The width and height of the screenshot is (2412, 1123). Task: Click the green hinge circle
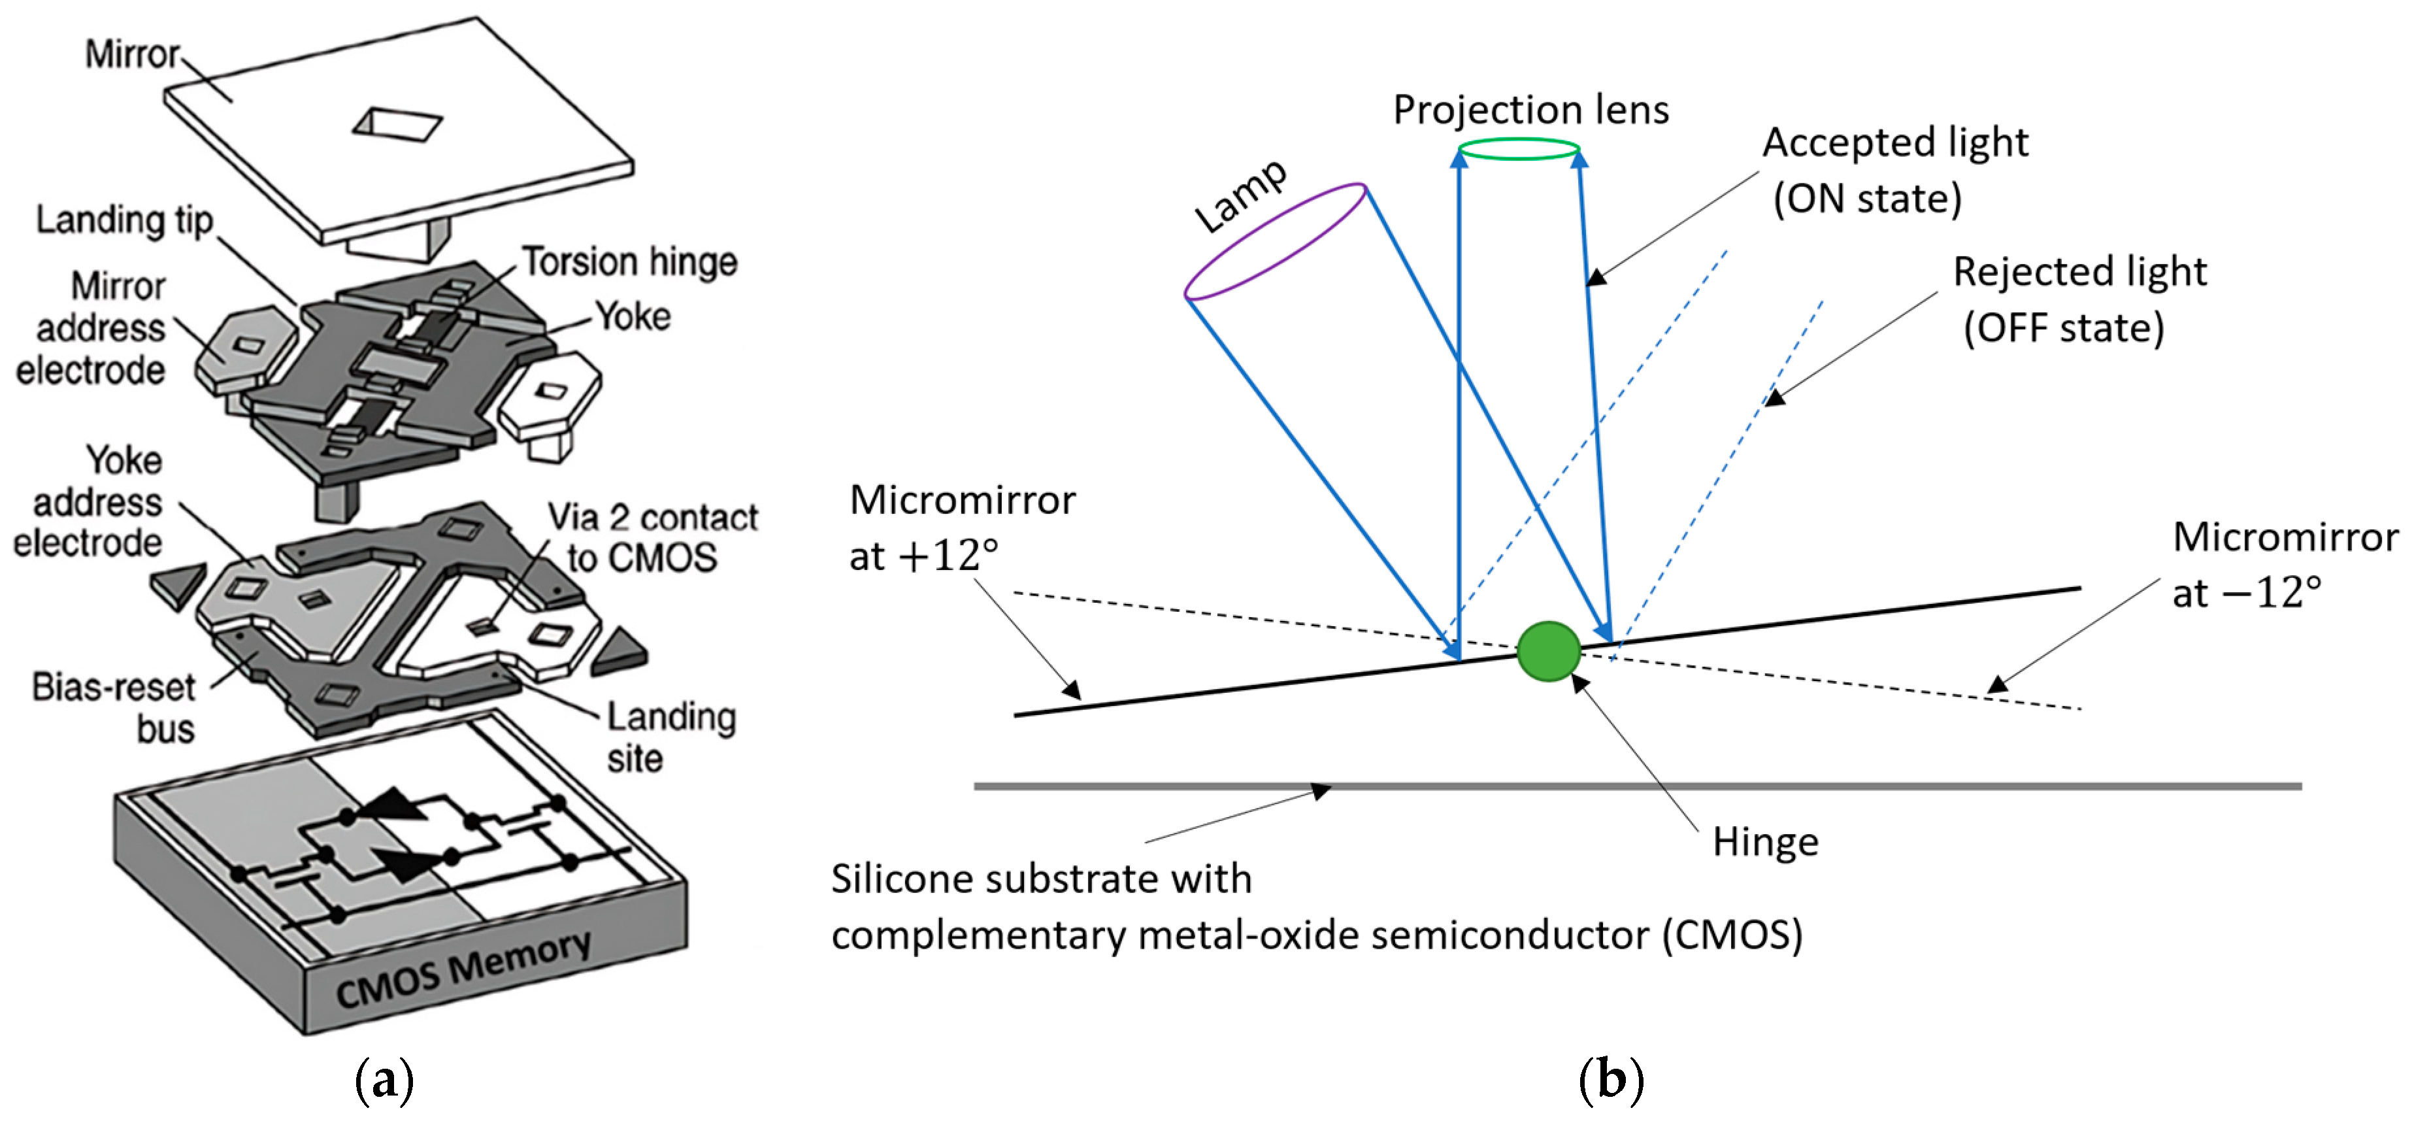[x=1549, y=651]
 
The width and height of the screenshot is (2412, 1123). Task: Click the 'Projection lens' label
[x=1531, y=110]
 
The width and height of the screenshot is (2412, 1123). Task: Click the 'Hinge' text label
[x=1765, y=841]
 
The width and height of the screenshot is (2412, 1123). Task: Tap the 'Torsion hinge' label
[x=629, y=261]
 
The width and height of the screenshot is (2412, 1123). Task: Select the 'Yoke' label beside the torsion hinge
[x=634, y=316]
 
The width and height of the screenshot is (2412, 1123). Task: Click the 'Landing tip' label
[x=125, y=220]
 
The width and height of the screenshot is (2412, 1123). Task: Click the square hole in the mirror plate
[x=397, y=124]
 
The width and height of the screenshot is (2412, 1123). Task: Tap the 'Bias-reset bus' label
[x=114, y=707]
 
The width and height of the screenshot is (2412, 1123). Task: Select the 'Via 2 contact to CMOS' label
[x=652, y=537]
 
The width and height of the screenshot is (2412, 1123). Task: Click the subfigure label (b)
[x=1610, y=1079]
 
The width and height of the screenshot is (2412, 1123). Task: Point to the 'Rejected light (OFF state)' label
[x=2079, y=300]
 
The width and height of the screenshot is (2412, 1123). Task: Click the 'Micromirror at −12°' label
[x=2285, y=564]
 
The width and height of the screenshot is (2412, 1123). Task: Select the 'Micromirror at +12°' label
[x=962, y=528]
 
